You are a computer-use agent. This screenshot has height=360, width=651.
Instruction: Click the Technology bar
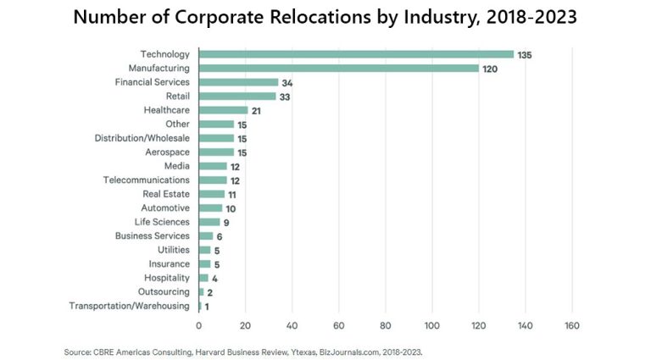coord(356,54)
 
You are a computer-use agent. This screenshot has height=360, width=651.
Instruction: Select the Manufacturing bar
coord(339,68)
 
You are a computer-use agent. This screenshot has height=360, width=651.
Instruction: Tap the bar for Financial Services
coord(238,82)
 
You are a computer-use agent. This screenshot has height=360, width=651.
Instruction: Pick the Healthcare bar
coord(223,110)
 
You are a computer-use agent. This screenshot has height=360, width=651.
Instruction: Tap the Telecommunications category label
coord(147,180)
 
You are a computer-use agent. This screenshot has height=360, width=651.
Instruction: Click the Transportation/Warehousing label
coord(129,306)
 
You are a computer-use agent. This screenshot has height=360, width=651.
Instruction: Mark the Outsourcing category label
coord(163,291)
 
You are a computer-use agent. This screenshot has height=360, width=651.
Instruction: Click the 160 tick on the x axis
coord(572,325)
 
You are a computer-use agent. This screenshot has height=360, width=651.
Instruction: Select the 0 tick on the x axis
coord(199,325)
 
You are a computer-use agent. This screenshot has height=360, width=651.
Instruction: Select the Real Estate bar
coord(212,194)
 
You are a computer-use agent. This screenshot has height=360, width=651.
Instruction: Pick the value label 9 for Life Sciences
coord(226,223)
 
